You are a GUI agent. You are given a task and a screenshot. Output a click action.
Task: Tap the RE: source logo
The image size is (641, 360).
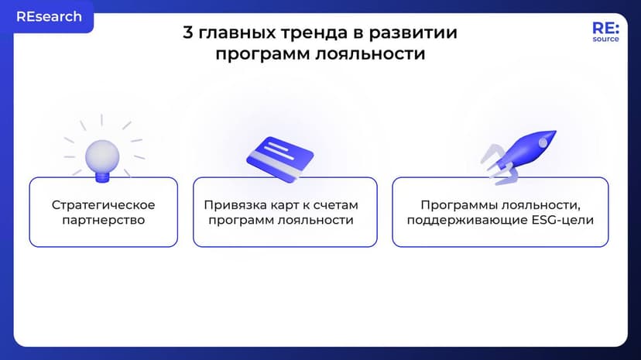pos(605,32)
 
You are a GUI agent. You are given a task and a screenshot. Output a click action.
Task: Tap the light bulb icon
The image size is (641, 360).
pos(101,151)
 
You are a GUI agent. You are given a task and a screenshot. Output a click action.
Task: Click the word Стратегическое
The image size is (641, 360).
pos(103,205)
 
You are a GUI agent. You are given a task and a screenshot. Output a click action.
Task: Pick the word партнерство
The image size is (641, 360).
pos(103,220)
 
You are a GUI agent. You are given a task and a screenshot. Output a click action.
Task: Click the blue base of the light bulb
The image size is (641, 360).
pos(101,177)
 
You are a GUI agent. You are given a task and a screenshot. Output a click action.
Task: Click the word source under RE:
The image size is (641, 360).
pos(605,39)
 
